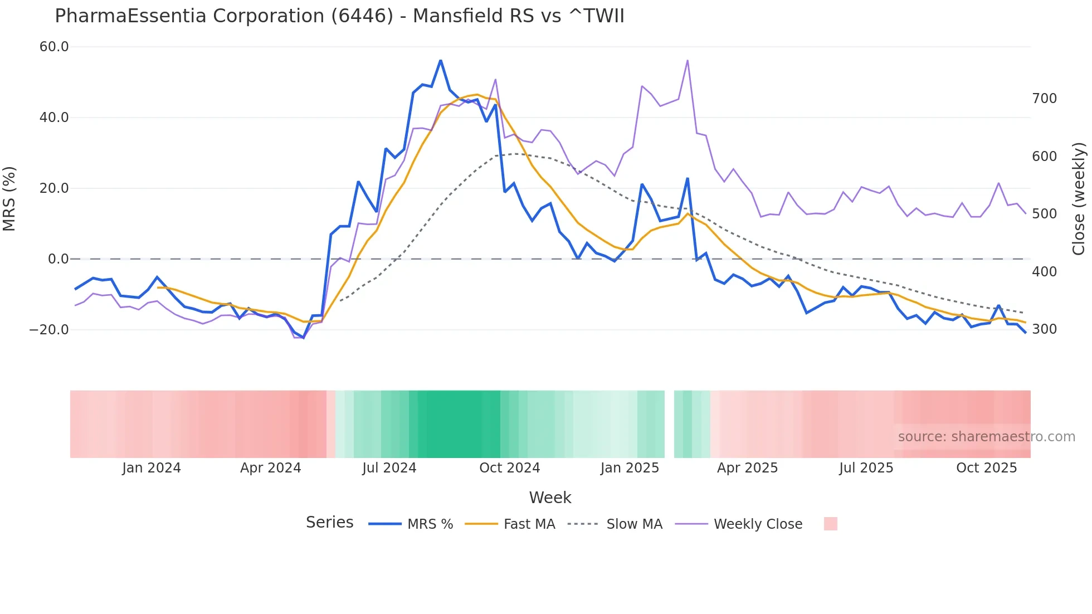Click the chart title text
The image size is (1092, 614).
point(339,16)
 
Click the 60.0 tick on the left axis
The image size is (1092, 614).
point(54,47)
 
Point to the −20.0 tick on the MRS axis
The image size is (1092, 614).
point(49,330)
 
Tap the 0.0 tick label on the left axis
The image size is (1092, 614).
point(58,259)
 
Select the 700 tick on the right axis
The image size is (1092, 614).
point(1044,99)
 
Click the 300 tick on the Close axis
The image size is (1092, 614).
point(1044,329)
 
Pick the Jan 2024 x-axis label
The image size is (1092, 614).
point(152,468)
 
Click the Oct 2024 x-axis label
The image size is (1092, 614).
point(509,468)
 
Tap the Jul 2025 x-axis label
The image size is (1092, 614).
point(866,468)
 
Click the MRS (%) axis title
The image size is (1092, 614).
point(9,199)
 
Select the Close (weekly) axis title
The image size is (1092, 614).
point(1079,199)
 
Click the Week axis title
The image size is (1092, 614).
point(550,498)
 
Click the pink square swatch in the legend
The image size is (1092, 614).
point(830,524)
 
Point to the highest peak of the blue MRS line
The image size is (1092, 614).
point(441,60)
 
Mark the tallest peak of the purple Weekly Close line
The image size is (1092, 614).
point(688,60)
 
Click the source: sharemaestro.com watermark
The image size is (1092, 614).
point(986,437)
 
